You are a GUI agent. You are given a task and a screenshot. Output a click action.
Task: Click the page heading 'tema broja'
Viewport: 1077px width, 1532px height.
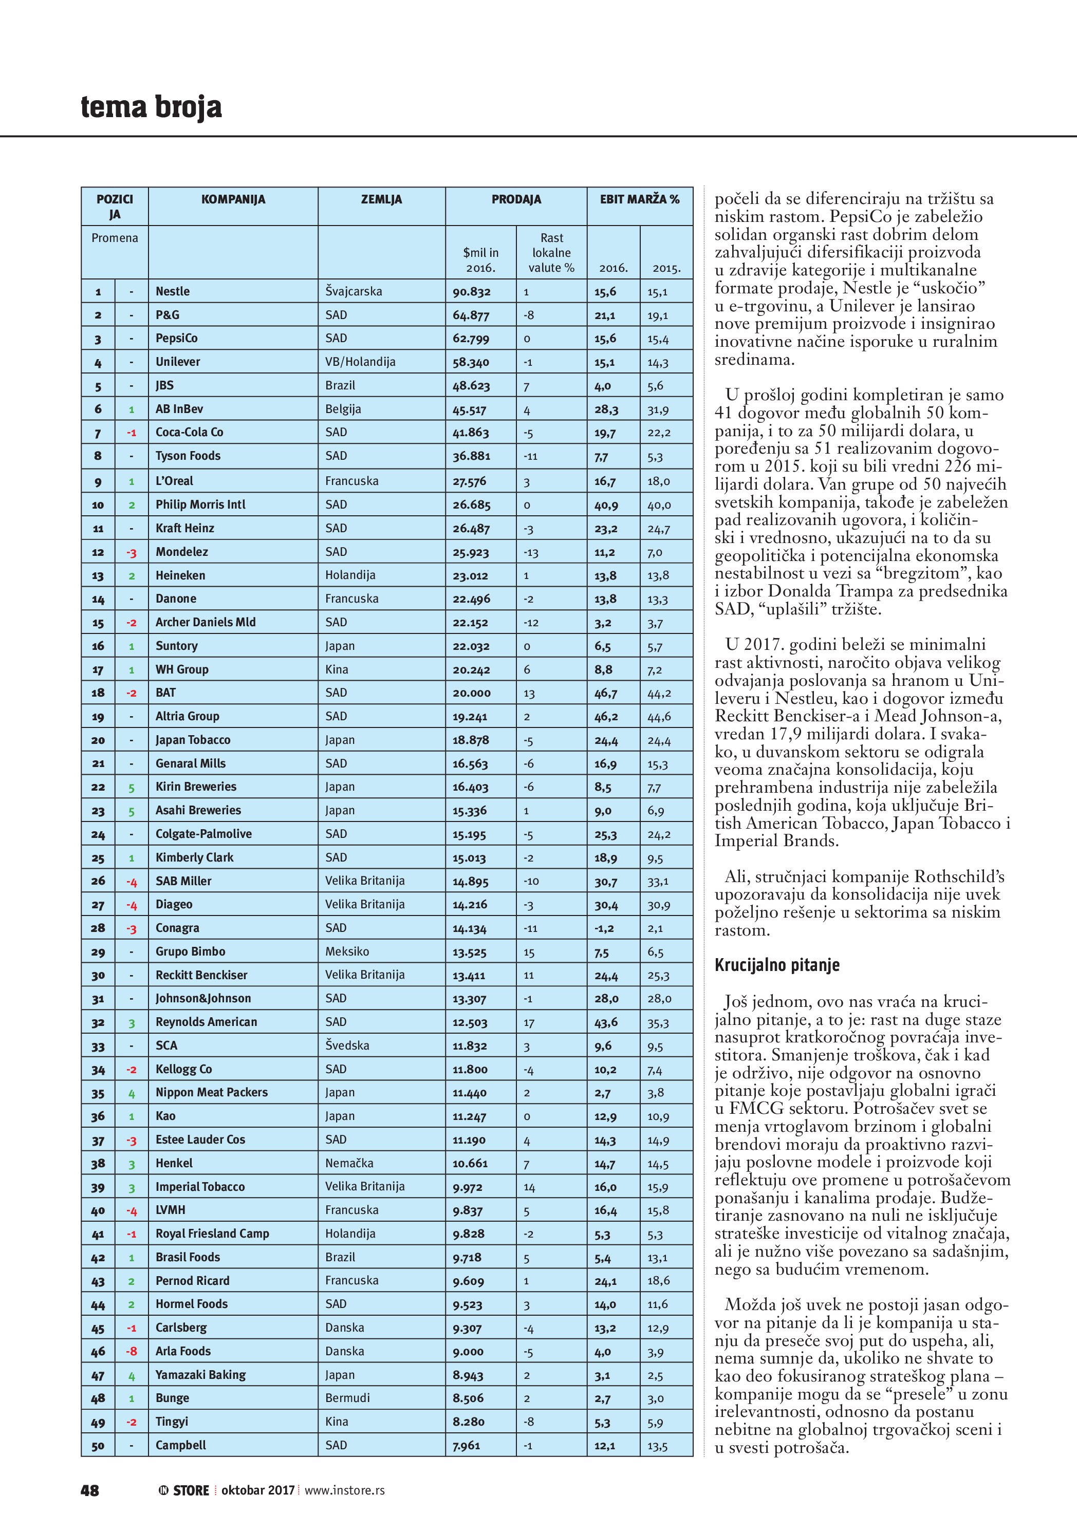click(x=152, y=107)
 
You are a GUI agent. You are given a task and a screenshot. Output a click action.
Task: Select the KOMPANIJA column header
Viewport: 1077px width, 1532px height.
click(x=233, y=199)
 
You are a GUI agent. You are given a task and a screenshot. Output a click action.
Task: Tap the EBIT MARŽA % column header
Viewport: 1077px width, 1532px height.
click(x=639, y=199)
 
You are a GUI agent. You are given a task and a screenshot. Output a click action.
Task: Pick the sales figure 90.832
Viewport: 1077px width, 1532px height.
click(x=471, y=292)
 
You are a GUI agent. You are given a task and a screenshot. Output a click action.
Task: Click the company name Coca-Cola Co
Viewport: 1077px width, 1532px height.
click(x=190, y=433)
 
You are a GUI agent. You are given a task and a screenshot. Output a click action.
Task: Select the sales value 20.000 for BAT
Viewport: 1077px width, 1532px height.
click(x=471, y=693)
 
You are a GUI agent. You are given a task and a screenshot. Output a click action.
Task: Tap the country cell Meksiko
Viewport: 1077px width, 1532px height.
click(x=347, y=951)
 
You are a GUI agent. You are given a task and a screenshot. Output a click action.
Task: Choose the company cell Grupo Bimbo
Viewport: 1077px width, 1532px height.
click(x=190, y=951)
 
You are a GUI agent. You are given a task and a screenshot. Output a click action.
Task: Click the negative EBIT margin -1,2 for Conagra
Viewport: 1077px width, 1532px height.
click(x=604, y=928)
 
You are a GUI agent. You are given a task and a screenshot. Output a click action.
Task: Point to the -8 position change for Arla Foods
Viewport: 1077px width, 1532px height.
click(x=132, y=1351)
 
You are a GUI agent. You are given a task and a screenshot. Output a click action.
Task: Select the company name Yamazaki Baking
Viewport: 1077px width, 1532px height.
click(x=200, y=1374)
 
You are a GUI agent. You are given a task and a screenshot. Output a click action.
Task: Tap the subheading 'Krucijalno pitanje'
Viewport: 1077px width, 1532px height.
click(x=777, y=965)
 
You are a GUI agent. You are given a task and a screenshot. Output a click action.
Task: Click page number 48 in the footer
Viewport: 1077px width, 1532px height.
click(x=90, y=1490)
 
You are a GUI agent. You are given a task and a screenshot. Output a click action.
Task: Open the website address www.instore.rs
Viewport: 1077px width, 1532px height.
click(x=344, y=1490)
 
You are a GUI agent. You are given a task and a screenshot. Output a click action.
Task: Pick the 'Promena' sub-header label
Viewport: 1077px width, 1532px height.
click(x=115, y=238)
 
